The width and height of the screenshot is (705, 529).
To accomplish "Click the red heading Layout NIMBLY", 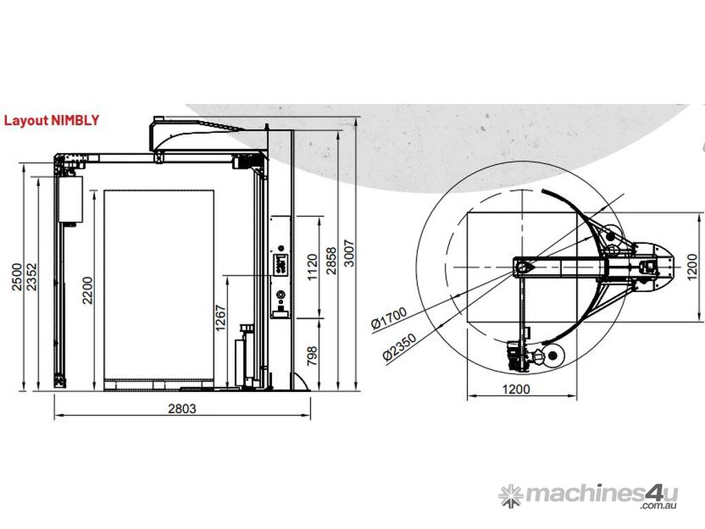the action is tap(51, 120).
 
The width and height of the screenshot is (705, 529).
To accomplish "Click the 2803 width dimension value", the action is tap(182, 408).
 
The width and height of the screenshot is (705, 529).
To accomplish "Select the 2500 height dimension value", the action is tap(17, 277).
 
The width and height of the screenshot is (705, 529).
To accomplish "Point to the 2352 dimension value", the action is tap(31, 277).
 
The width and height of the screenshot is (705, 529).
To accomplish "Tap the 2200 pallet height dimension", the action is tap(87, 291).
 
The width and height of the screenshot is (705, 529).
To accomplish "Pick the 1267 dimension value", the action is tap(220, 318).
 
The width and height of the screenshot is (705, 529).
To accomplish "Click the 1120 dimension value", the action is tap(313, 267).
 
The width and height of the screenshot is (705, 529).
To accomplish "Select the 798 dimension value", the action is tap(313, 356).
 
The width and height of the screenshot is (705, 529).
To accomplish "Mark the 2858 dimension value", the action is tap(331, 260).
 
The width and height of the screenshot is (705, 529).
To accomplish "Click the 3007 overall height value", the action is tap(349, 253).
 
